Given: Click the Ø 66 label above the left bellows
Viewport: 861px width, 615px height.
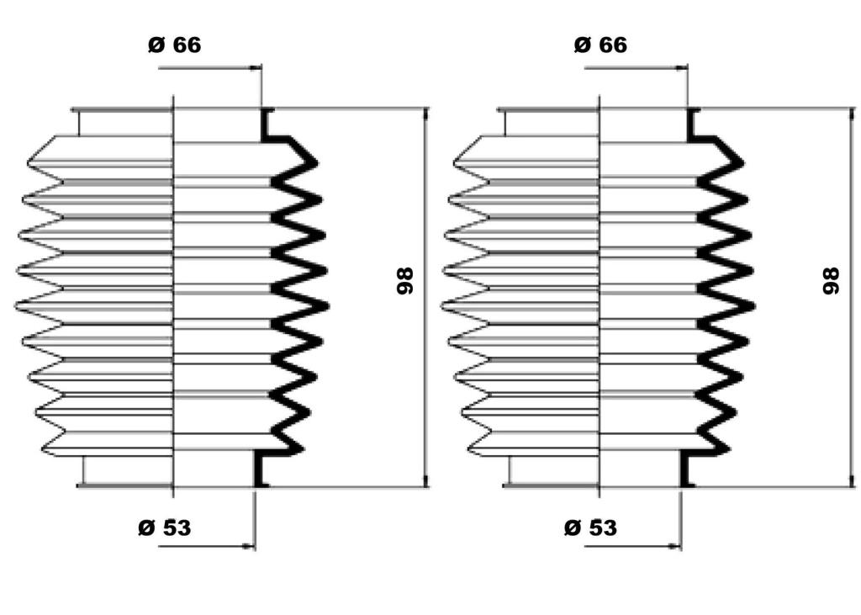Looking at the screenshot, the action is click(175, 45).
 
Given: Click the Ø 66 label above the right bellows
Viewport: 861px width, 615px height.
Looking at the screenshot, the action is click(600, 45).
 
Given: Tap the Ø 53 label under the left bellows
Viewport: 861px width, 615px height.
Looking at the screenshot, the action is click(165, 528).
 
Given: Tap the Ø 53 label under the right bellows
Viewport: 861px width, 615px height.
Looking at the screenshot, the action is click(590, 528).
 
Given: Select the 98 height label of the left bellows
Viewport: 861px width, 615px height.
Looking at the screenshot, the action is click(404, 281).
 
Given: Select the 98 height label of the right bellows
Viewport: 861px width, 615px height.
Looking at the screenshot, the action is click(831, 281).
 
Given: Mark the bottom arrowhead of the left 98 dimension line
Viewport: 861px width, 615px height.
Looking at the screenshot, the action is click(425, 480).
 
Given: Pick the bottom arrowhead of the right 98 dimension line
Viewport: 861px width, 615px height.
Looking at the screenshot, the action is click(852, 480).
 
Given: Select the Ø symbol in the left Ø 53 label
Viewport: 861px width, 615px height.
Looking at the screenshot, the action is click(146, 528).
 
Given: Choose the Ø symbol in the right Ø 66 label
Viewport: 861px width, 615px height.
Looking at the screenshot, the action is click(582, 45).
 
